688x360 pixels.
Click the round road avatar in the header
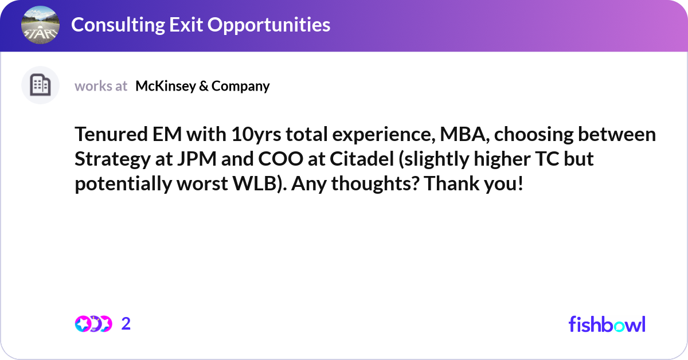[x=40, y=25]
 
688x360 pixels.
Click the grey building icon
[x=40, y=85]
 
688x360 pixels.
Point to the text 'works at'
[x=101, y=86]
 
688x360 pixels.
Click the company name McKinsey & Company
[x=202, y=86]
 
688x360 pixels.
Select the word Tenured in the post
[x=111, y=135]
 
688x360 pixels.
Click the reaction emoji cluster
[x=93, y=324]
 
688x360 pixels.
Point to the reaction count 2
[x=126, y=324]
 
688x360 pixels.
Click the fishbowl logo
[x=607, y=324]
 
